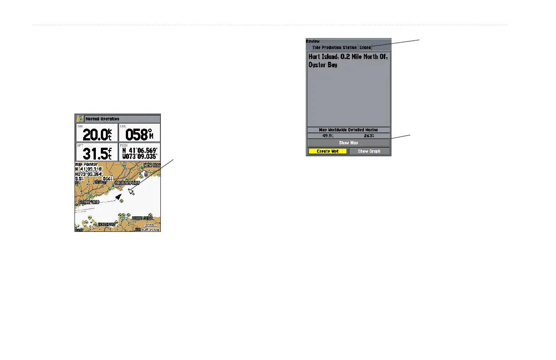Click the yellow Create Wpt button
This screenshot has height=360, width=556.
click(x=327, y=151)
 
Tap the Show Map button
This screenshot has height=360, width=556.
click(x=348, y=143)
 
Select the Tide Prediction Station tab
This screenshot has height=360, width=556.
click(x=334, y=47)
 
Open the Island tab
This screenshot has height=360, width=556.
click(x=365, y=47)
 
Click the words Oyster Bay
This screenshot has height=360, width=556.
click(x=324, y=65)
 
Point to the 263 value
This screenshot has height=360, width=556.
click(x=368, y=135)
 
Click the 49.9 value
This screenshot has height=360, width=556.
click(x=328, y=135)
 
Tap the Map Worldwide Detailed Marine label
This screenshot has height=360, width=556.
click(x=348, y=130)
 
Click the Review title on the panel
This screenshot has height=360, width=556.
click(x=313, y=41)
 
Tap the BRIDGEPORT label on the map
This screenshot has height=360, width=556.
click(x=127, y=183)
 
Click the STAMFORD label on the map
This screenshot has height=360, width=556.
click(x=89, y=202)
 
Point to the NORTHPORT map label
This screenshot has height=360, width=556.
click(x=108, y=225)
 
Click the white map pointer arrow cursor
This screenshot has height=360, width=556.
click(x=132, y=191)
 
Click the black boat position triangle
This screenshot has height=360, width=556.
click(x=119, y=197)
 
